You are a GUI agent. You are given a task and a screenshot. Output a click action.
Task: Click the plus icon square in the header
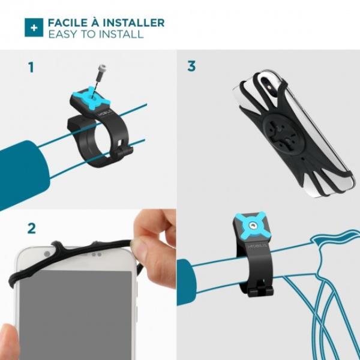(x=34, y=28)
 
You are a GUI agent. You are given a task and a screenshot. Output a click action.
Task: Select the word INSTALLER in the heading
(x=134, y=23)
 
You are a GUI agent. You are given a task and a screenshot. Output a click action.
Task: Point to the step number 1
(x=31, y=67)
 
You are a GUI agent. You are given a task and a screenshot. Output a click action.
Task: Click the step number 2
(x=31, y=229)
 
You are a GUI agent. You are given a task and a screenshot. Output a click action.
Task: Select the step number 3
(x=191, y=66)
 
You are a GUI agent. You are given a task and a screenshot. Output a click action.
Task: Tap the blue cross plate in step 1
(x=91, y=98)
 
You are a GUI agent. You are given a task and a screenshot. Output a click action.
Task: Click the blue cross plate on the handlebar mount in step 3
(x=251, y=226)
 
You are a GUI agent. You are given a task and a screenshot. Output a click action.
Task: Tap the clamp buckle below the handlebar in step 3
(x=261, y=290)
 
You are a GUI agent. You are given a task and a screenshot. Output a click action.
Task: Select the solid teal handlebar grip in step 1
(x=23, y=174)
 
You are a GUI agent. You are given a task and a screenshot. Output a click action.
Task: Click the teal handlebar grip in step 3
(x=186, y=282)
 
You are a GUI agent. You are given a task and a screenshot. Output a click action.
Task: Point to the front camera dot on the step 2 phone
(x=47, y=254)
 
